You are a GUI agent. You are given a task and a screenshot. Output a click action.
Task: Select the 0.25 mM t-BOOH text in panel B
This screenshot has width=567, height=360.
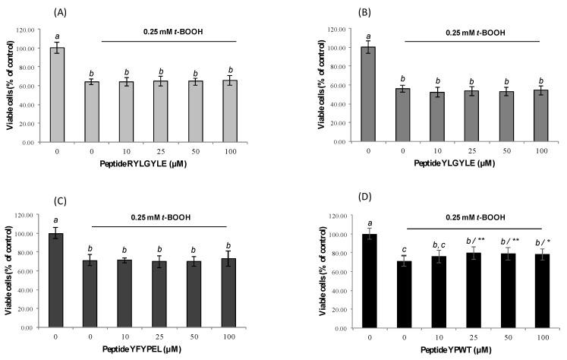coord(461,33)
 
